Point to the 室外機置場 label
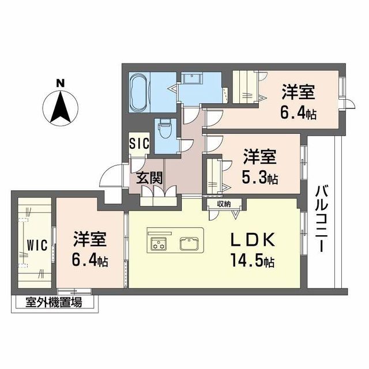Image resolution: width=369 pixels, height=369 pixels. [54, 302]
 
